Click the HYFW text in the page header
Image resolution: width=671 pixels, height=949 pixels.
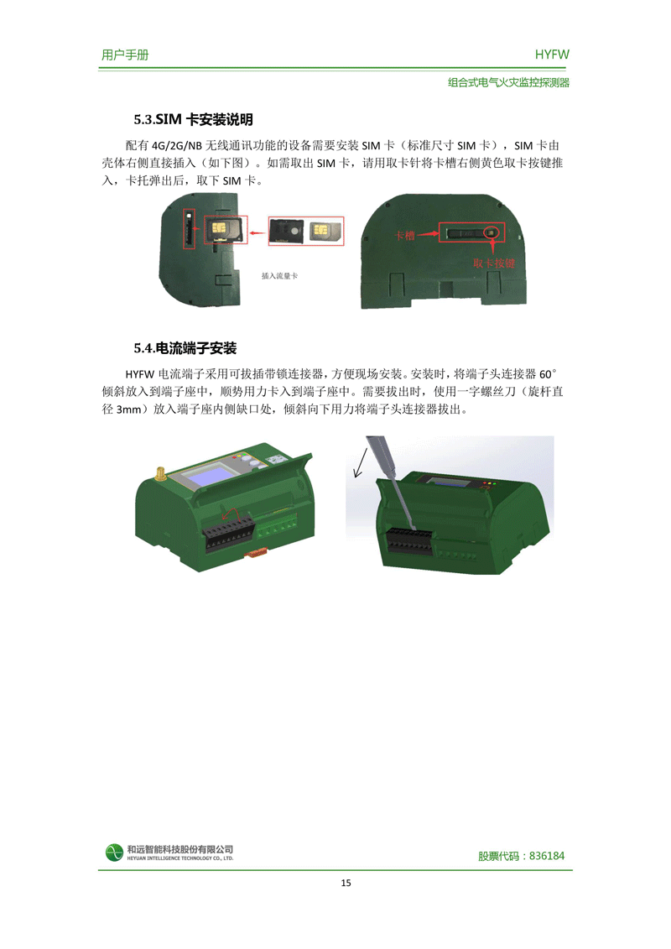coord(552,55)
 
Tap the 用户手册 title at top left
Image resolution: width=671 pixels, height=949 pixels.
coord(125,55)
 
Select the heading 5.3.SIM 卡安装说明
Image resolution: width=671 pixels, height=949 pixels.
coord(193,119)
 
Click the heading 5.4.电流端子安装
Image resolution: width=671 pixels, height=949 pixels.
coord(185,348)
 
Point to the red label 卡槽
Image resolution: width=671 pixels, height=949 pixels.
coord(404,236)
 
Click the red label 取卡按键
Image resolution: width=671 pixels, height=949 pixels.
coord(494,263)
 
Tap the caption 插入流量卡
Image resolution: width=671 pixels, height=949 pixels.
coord(279,276)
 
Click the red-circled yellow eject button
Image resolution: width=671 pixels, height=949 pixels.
coord(492,232)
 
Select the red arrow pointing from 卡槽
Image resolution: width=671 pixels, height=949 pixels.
coord(427,233)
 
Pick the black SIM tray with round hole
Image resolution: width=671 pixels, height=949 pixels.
coord(287,231)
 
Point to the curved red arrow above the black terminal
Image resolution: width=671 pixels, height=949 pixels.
coord(231,515)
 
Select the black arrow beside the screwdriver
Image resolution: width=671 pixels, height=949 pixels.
coord(360,463)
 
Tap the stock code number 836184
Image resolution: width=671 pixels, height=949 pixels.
coord(547,856)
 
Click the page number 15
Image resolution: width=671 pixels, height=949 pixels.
coord(346,883)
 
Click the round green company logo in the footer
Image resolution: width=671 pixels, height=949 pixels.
coord(114,853)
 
